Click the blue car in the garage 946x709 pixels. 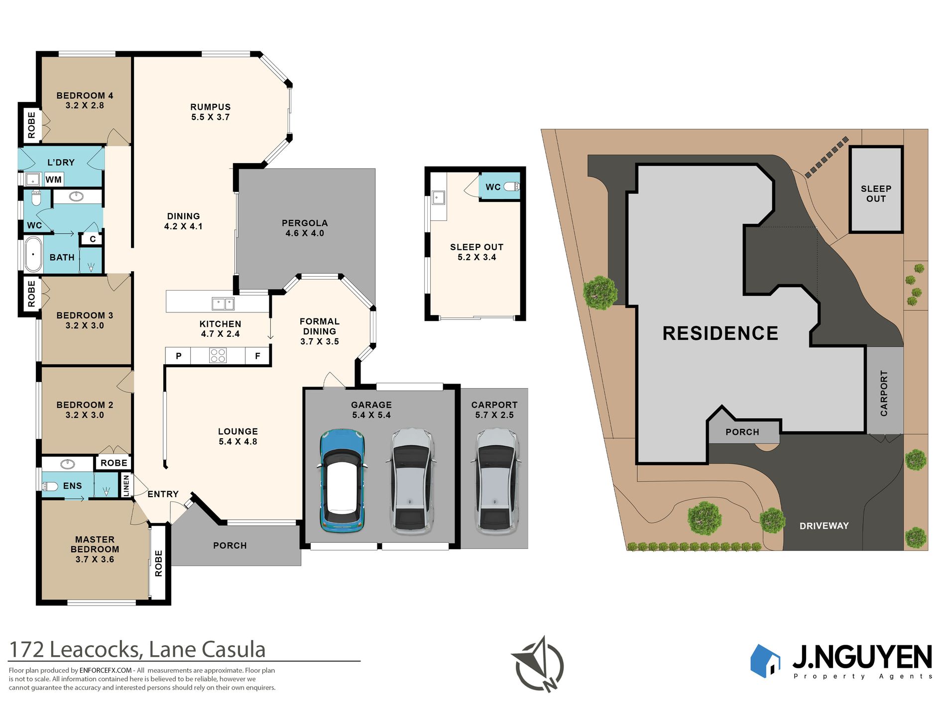pyautogui.click(x=342, y=481)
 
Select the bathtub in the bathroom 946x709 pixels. pyautogui.click(x=33, y=254)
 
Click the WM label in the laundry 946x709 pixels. pyautogui.click(x=54, y=180)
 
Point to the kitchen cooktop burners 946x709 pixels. pyautogui.click(x=218, y=355)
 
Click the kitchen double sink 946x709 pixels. pyautogui.click(x=223, y=303)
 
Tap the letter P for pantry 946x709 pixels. pyautogui.click(x=179, y=356)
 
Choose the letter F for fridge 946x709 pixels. pyautogui.click(x=257, y=356)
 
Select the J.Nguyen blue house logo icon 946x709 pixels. pyautogui.click(x=765, y=661)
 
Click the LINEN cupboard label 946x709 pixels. pyautogui.click(x=126, y=485)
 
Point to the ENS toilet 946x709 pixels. pyautogui.click(x=50, y=486)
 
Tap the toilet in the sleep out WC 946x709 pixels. pyautogui.click(x=511, y=187)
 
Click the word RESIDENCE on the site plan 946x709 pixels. pyautogui.click(x=720, y=333)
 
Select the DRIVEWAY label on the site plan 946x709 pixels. pyautogui.click(x=824, y=526)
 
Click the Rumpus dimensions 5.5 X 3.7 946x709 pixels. pyautogui.click(x=211, y=117)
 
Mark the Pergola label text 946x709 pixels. pyautogui.click(x=305, y=223)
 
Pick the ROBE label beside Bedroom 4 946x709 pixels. pyautogui.click(x=31, y=125)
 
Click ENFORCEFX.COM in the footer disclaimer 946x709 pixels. pyautogui.click(x=106, y=671)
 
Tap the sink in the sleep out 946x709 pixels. pyautogui.click(x=438, y=198)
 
